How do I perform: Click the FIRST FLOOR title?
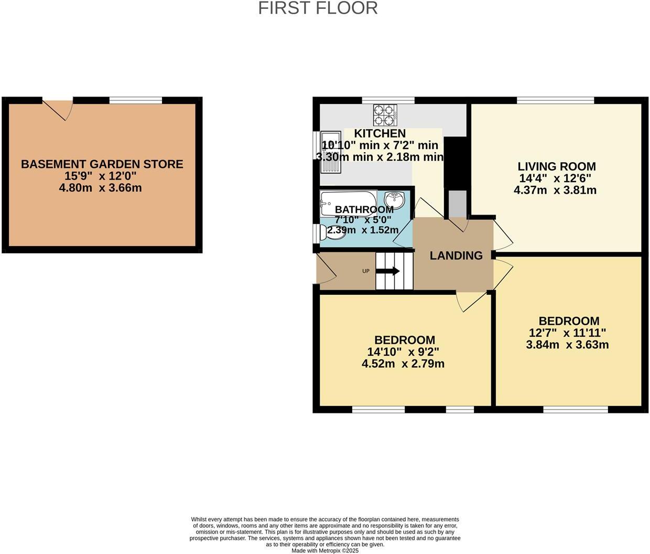[318, 8]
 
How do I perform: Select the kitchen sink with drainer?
[331, 152]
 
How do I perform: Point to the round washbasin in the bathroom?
[394, 200]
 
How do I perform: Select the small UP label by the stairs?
[366, 271]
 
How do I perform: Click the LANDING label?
[456, 255]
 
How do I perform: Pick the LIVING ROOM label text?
[557, 166]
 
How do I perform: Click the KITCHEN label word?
[380, 134]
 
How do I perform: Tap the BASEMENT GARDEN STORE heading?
[102, 164]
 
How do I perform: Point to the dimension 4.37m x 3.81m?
[555, 190]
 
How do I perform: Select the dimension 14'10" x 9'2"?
[403, 351]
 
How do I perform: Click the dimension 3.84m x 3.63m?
[567, 345]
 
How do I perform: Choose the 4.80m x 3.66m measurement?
[101, 188]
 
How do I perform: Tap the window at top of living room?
[555, 100]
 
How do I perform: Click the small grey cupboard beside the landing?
[457, 204]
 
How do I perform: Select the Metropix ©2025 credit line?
[325, 551]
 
